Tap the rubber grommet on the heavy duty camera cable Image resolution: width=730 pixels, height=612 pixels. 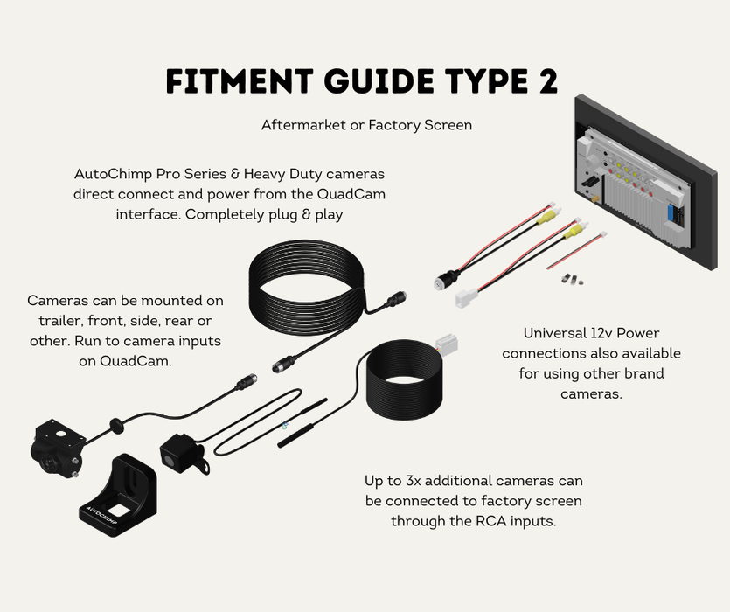pos(114,425)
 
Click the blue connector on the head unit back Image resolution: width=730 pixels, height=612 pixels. pos(671,212)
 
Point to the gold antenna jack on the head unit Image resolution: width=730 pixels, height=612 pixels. pos(594,200)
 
